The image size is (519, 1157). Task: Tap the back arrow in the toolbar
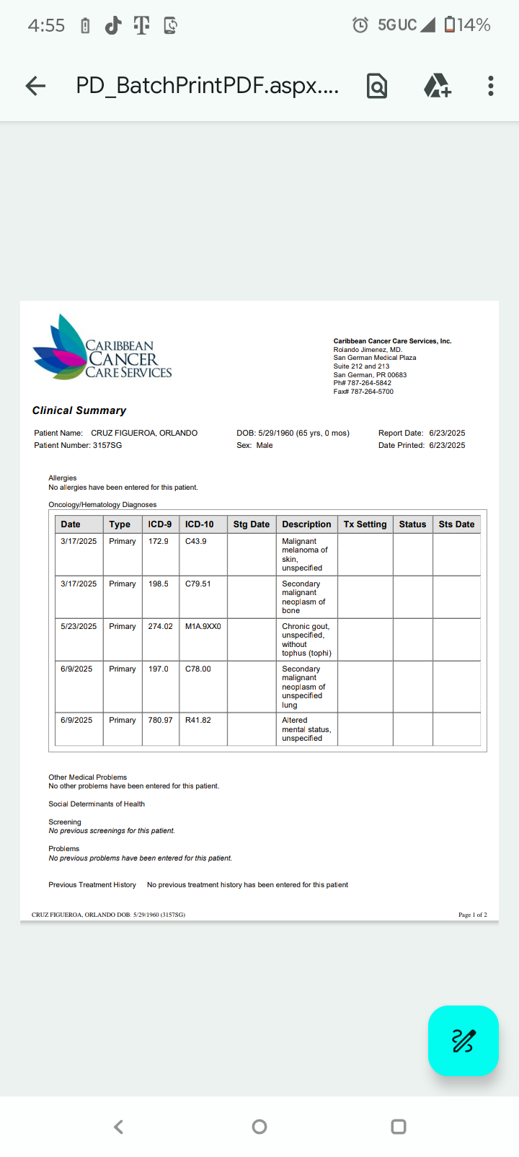tap(35, 87)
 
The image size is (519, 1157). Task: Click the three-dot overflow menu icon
tap(491, 86)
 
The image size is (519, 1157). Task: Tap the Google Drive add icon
tap(437, 86)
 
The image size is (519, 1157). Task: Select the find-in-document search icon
tap(377, 87)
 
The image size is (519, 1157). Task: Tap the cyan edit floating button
tap(463, 1040)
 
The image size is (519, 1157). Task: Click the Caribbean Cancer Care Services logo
tap(102, 348)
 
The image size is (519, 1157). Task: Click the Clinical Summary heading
tap(79, 410)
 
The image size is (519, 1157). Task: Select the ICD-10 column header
tap(200, 524)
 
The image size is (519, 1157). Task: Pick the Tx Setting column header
tap(365, 524)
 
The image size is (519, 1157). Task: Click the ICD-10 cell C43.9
tap(196, 541)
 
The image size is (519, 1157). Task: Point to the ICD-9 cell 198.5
tap(159, 584)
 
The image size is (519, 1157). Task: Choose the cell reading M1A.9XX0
tap(203, 626)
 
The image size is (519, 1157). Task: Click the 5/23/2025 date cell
tap(79, 626)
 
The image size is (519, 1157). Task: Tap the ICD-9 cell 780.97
tap(160, 720)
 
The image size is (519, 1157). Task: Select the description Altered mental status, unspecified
tap(306, 729)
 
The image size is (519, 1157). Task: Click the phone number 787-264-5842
tap(370, 383)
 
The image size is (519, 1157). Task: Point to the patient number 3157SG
tap(107, 445)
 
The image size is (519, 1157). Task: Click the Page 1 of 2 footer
tap(473, 915)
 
